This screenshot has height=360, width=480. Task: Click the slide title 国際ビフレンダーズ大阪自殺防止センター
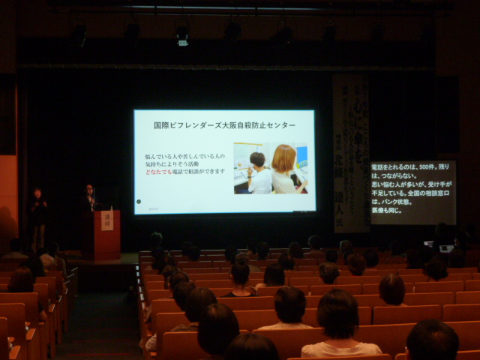coord(223,124)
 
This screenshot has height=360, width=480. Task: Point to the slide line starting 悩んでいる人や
coord(184,155)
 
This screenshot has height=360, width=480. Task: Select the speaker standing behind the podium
coord(89,199)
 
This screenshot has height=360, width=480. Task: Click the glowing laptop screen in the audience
coord(447,247)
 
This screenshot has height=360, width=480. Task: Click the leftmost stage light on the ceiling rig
coord(79,31)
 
